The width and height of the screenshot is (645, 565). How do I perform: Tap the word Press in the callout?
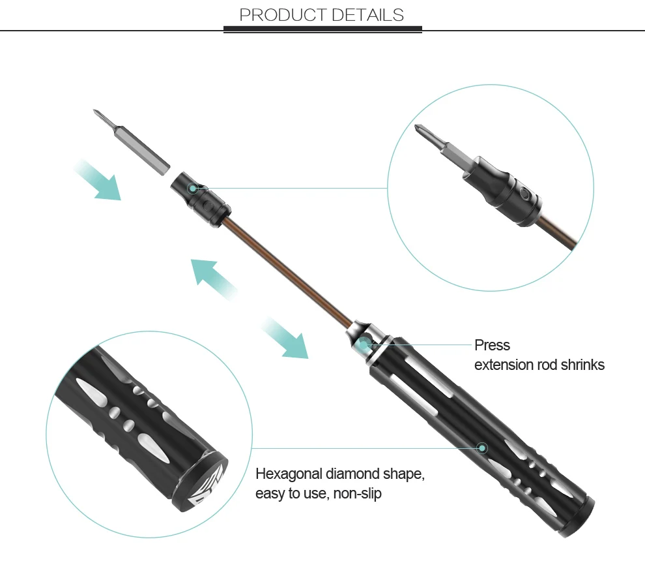(x=492, y=345)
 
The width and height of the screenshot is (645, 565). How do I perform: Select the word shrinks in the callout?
(x=581, y=365)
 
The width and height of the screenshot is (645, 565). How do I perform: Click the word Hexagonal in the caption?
(x=289, y=474)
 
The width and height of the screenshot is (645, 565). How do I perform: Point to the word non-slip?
(x=357, y=494)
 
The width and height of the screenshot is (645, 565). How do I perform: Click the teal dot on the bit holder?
(x=193, y=188)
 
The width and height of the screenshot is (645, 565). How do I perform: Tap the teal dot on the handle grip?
(x=482, y=448)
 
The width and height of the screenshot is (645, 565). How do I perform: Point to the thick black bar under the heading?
(x=322, y=29)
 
